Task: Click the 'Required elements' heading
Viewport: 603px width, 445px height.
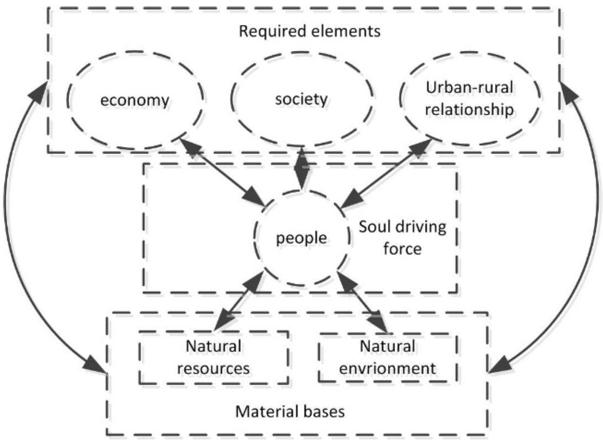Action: (x=310, y=31)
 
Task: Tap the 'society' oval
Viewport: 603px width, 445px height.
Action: (x=301, y=98)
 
